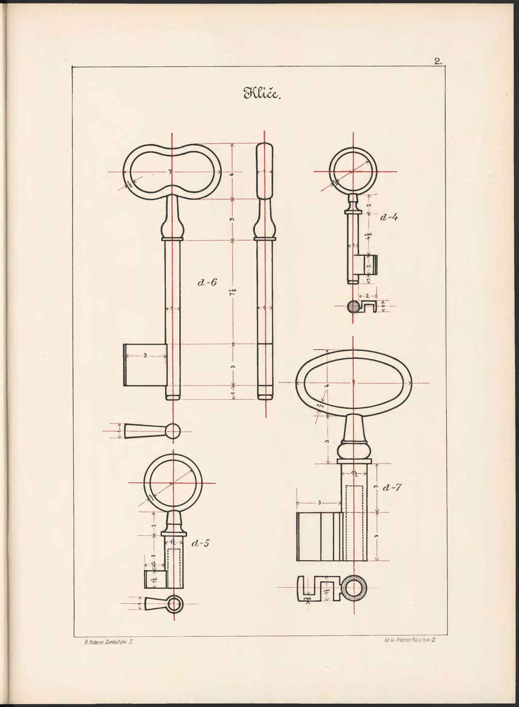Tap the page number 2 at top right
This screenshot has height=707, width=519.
click(x=438, y=62)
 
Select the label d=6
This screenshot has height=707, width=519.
click(x=207, y=283)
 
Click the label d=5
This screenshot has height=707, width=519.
click(x=200, y=543)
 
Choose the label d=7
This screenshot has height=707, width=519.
click(x=392, y=487)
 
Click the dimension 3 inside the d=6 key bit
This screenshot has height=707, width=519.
click(x=145, y=356)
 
